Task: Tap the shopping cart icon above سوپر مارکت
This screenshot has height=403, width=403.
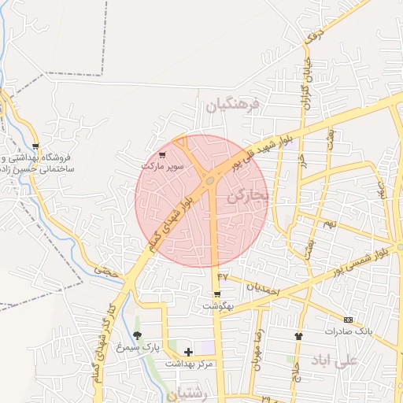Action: coord(162,154)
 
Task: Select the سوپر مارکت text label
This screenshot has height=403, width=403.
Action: coord(162,167)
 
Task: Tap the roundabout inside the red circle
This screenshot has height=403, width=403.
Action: coord(209,182)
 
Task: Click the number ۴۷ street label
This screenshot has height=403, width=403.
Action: coord(223,276)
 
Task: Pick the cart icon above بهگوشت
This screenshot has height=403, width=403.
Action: coord(216,294)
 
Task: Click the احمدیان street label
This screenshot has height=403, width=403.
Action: coord(263,288)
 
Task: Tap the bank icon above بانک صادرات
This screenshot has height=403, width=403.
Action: coord(349,320)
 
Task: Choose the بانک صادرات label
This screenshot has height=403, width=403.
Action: coord(347,331)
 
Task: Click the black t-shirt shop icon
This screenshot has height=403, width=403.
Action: coord(298,335)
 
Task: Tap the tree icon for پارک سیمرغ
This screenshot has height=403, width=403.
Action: coord(138,335)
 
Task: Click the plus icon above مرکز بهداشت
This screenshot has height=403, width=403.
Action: coord(188,351)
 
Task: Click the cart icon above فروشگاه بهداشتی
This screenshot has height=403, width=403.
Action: coord(35,146)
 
